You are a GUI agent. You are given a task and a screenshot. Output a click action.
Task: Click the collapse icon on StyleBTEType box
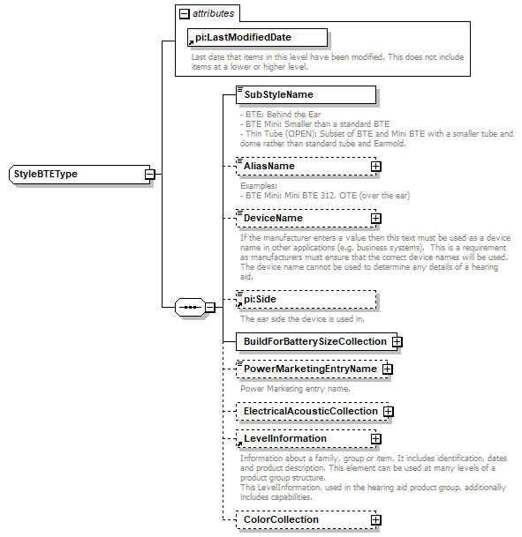150,174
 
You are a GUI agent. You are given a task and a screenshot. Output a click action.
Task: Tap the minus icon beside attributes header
184,14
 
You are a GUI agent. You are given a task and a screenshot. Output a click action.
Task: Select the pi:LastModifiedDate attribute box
256,37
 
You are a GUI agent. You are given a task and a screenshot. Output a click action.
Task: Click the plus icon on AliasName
375,166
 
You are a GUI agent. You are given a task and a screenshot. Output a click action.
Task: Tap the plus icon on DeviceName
375,218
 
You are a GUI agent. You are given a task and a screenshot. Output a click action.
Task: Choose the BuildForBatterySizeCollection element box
314,341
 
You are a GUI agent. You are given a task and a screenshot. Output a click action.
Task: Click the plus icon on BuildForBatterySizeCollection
397,341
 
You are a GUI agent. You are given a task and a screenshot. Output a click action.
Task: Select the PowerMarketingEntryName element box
309,369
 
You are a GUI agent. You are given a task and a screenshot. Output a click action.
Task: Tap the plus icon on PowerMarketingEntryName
387,369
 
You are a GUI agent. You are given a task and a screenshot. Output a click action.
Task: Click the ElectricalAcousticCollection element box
309,411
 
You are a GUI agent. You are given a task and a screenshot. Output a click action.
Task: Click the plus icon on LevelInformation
375,438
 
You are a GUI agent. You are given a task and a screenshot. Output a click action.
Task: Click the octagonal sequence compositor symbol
189,307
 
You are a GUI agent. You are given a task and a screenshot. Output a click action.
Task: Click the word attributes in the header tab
214,14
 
